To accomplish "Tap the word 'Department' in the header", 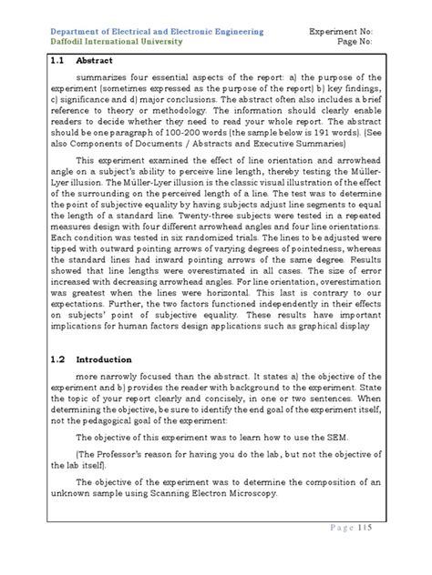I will pyautogui.click(x=74, y=28).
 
